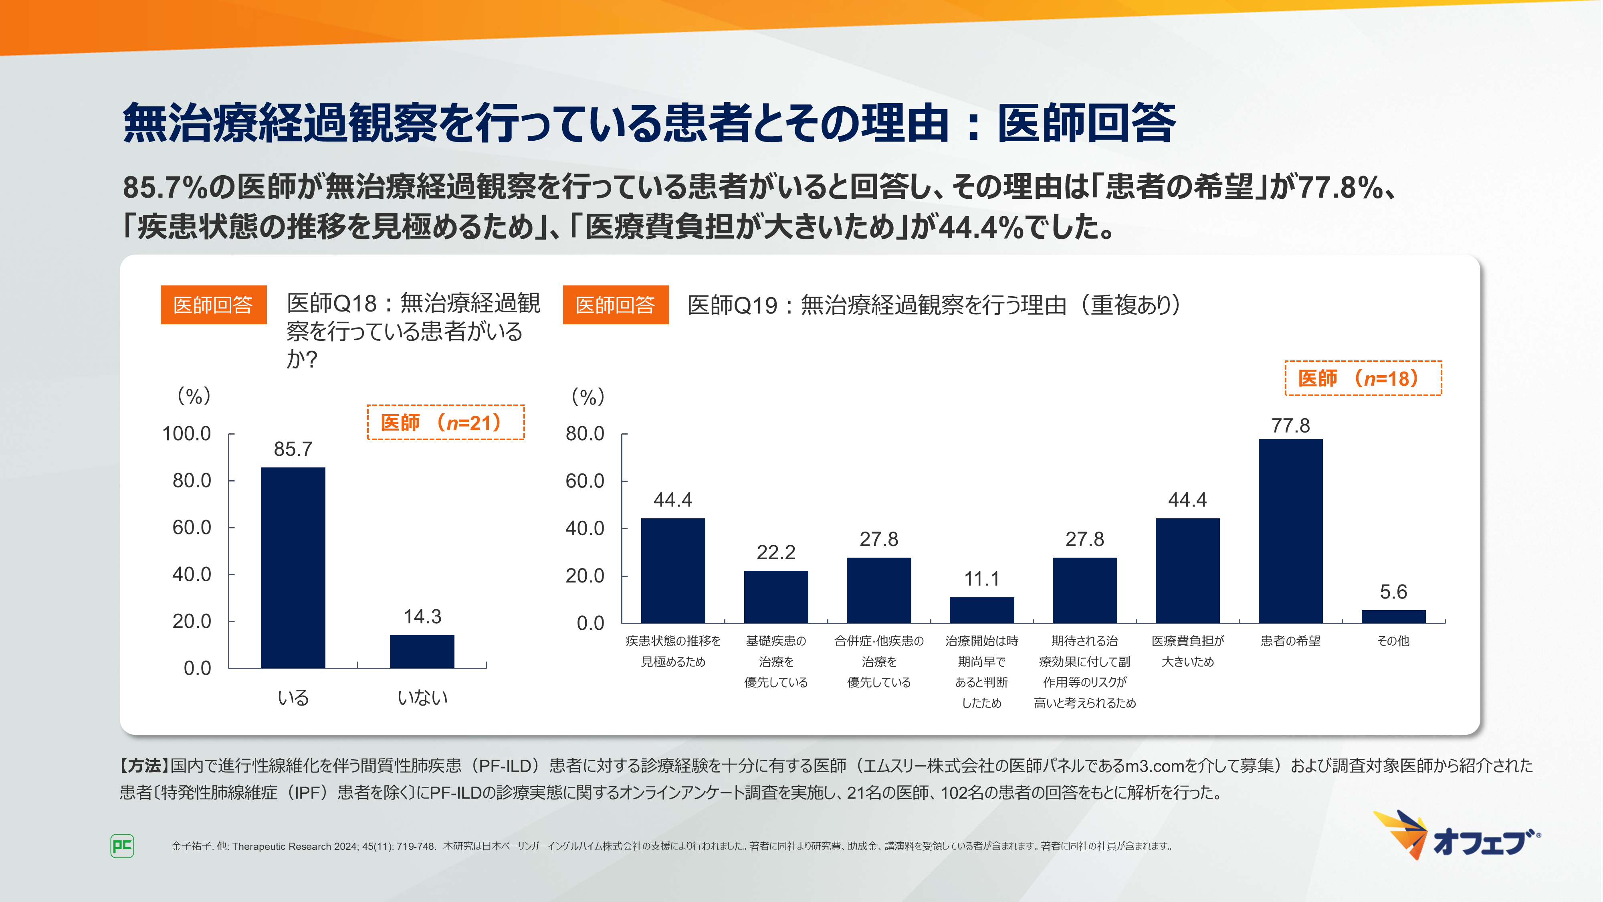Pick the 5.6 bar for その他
(1393, 616)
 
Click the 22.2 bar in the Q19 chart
(776, 597)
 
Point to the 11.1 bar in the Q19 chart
(981, 610)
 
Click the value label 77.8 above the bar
(1290, 426)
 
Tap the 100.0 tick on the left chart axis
(187, 434)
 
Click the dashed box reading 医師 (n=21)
(446, 423)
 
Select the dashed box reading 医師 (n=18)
(1363, 378)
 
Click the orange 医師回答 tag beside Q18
(214, 305)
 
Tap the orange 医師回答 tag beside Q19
(616, 305)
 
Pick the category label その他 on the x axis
(1393, 641)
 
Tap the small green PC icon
(122, 846)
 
